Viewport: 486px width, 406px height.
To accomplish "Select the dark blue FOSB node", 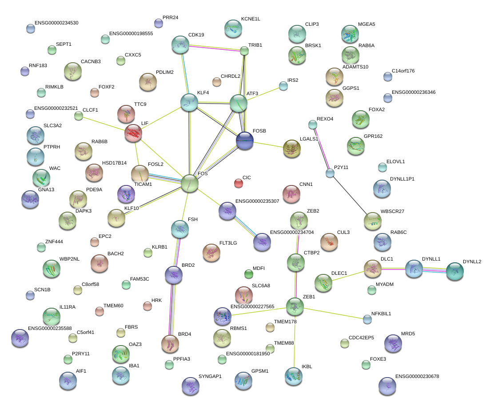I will pos(245,141).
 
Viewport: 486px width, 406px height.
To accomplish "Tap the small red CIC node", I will pos(239,183).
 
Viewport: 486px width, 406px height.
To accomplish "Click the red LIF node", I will pos(133,133).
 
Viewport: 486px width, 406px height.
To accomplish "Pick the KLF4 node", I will pos(189,103).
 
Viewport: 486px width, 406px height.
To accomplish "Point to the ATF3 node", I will pos(238,103).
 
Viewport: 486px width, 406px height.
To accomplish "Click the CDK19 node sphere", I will pos(180,44).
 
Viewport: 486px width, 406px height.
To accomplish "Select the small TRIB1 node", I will pos(244,51).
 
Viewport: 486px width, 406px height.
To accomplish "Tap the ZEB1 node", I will pos(295,306).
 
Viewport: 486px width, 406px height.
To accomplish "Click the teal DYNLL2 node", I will pos(454,271).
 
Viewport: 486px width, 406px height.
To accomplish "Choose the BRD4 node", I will pos(170,343).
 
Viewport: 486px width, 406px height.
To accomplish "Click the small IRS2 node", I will pos(283,86).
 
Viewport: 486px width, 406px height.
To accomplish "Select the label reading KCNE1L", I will pos(251,19).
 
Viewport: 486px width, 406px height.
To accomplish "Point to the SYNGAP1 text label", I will pos(210,376).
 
